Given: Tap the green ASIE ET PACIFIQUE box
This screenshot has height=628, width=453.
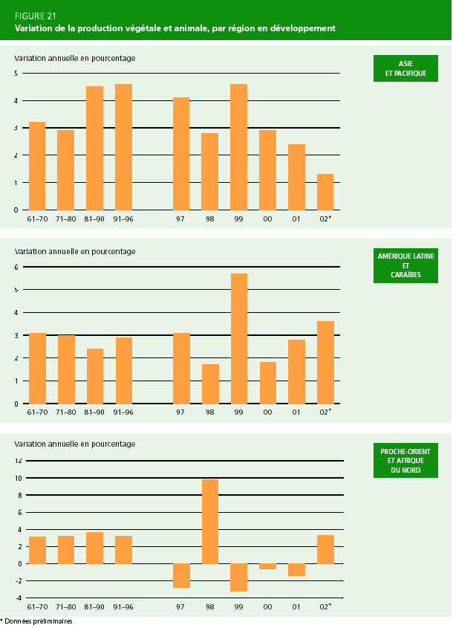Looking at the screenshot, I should tap(405, 68).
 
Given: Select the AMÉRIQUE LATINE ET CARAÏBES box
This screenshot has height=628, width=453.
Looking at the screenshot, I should tap(405, 265).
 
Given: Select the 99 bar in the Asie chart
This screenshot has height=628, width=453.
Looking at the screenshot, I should tap(238, 147).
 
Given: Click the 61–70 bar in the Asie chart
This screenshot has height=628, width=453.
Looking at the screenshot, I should tap(37, 166).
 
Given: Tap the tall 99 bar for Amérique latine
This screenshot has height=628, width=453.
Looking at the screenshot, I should tap(238, 338).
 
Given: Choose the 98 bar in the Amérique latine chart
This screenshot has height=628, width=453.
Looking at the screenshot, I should tap(210, 383).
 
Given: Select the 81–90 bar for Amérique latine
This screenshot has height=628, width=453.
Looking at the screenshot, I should tap(94, 376).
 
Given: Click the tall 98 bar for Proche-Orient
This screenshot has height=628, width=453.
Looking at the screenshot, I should tap(210, 521).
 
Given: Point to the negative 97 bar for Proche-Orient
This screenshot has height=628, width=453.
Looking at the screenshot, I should tap(181, 575).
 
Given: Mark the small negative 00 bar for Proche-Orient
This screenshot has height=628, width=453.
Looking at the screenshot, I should tap(267, 566).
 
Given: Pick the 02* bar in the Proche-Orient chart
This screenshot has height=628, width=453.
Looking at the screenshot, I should tap(325, 549).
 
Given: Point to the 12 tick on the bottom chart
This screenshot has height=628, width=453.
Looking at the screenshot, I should tap(18, 461).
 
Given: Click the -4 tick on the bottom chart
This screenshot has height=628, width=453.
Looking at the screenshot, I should tap(18, 598).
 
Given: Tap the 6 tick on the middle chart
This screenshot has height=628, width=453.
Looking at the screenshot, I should tap(17, 267).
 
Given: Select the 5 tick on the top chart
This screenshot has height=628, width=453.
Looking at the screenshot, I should tap(17, 73).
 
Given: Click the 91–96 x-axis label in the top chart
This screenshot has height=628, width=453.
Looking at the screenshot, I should tap(123, 219).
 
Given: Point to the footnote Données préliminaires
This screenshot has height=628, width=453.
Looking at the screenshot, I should tap(37, 621).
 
